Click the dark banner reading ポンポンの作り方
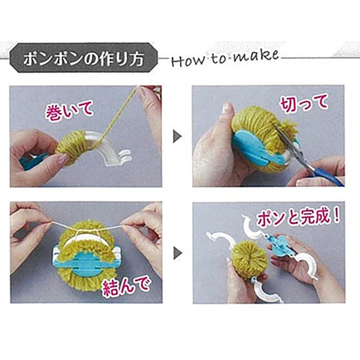[x=84, y=58]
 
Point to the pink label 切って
[x=304, y=105]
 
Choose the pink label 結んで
[x=126, y=285]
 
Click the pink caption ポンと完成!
[x=298, y=217]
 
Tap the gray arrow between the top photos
[x=177, y=136]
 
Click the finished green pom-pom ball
[x=250, y=257]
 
